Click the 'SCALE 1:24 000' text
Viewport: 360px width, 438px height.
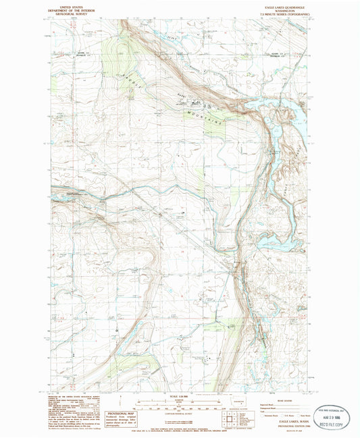point(178,395)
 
